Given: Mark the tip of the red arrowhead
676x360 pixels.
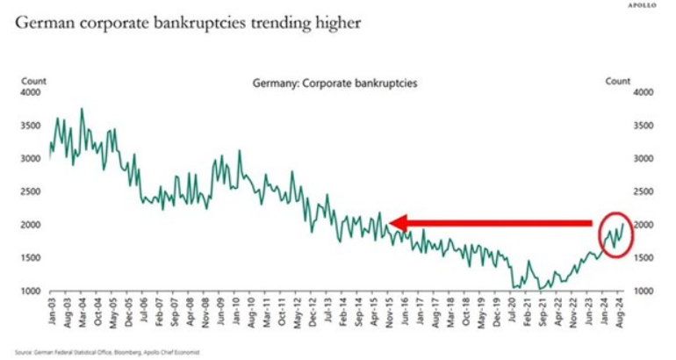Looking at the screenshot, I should click(x=389, y=224).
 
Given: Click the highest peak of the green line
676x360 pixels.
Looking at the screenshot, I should click(x=82, y=109).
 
